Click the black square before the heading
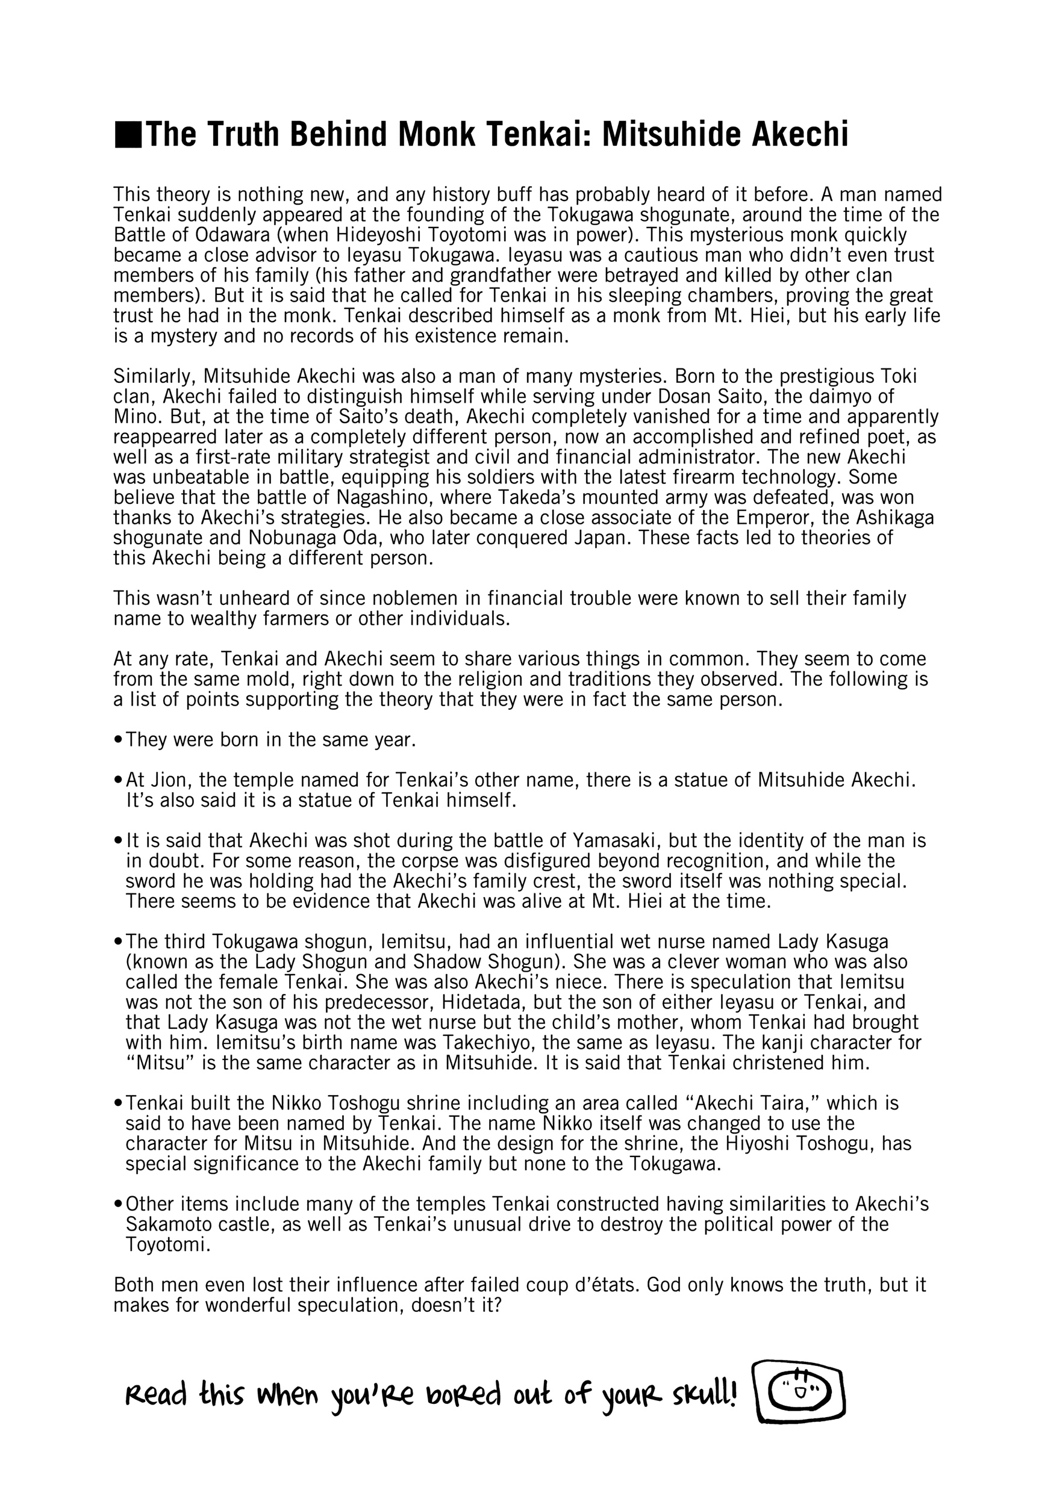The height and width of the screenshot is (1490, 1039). tap(127, 135)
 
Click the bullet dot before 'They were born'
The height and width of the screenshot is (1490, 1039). tap(117, 740)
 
